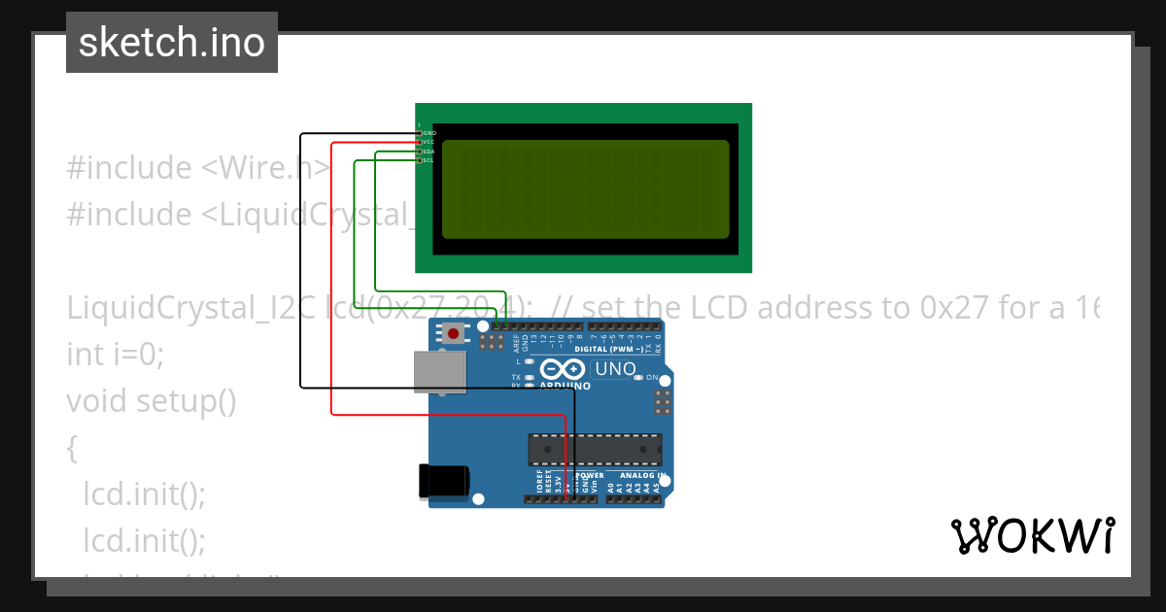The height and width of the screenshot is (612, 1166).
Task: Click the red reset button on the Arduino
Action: coord(454,334)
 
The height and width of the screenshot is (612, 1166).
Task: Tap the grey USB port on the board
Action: coord(440,371)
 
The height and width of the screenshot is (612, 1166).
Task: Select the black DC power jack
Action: coord(443,481)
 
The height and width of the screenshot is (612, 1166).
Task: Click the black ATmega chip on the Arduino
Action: coord(595,449)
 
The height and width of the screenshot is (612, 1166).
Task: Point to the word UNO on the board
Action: coord(615,369)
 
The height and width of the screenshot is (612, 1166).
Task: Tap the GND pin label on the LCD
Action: coord(429,132)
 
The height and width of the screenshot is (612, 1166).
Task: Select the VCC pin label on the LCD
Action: coord(428,142)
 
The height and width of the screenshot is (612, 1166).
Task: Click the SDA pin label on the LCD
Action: coord(428,152)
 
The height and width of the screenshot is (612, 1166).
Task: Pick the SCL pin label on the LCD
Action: coord(428,160)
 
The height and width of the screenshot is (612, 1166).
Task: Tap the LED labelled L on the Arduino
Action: coord(529,361)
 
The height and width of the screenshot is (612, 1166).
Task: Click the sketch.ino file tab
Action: coord(172,43)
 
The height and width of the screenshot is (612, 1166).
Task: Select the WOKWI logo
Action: coord(1032,535)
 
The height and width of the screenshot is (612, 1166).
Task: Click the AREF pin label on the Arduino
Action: coord(517,343)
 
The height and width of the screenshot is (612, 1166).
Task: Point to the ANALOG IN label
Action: coord(636,476)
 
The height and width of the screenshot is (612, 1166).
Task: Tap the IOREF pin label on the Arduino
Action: coord(539,485)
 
